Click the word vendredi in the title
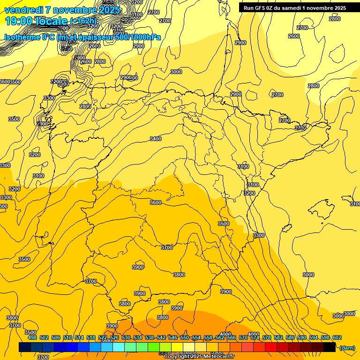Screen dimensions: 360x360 pyautogui.click(x=23, y=10)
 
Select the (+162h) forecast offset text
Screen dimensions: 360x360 pyautogui.click(x=83, y=21)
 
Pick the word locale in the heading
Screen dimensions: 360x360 pyautogui.click(x=51, y=21)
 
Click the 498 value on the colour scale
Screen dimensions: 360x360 pyautogui.click(x=32, y=337)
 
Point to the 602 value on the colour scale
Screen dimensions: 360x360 pyautogui.click(x=337, y=337)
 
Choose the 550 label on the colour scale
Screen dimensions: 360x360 pyautogui.click(x=185, y=337)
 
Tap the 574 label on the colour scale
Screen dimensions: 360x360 pyautogui.click(x=255, y=337)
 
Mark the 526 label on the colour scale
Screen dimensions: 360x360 pyautogui.click(x=114, y=337)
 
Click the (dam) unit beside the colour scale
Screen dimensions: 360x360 pyautogui.click(x=347, y=347)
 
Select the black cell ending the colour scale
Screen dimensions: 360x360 pyautogui.click(x=330, y=347)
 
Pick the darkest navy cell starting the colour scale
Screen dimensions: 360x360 pyautogui.click(x=25, y=347)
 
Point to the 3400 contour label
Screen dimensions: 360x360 pyautogui.click(x=156, y=139)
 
